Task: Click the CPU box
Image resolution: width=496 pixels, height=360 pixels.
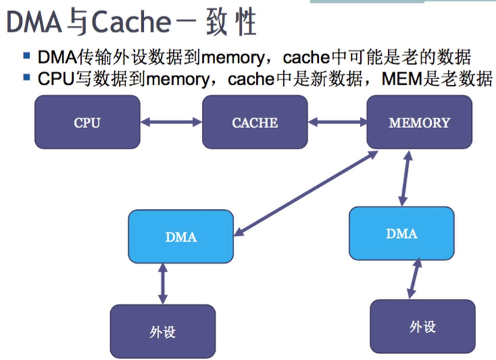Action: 87,123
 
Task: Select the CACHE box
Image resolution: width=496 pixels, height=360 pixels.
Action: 255,123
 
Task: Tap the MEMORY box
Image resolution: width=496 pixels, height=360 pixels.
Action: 419,123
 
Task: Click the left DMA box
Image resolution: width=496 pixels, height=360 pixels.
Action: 181,236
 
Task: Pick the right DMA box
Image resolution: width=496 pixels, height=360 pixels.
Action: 402,233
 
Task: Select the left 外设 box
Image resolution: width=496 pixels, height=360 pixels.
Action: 163,331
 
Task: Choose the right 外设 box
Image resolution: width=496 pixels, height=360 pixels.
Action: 422,326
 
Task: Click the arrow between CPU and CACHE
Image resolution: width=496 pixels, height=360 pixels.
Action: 171,123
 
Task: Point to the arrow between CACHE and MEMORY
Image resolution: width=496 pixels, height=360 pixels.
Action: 338,123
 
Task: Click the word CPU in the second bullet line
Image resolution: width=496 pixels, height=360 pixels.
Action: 55,78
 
